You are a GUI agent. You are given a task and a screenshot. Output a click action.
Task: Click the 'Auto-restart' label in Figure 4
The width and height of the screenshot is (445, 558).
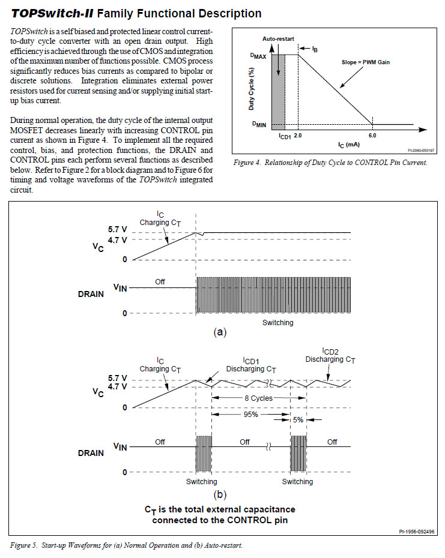(278, 39)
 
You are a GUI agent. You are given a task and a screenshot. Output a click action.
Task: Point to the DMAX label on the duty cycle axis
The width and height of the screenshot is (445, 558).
(258, 56)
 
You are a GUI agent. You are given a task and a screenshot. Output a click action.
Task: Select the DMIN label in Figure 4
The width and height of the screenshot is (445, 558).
(259, 124)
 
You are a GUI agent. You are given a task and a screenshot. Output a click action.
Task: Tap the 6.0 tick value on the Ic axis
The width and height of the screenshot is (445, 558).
(372, 136)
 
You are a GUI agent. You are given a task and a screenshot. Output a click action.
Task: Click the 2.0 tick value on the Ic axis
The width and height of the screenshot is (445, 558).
(298, 136)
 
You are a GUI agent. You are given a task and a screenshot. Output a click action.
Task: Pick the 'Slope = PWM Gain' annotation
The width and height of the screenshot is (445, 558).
(366, 62)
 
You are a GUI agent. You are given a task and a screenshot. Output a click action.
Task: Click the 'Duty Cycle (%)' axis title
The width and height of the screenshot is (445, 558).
(251, 89)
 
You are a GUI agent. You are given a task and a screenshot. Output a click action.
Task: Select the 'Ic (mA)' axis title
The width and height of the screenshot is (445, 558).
(349, 145)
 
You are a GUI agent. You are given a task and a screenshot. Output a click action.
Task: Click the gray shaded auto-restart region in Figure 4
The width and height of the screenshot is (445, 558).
(278, 92)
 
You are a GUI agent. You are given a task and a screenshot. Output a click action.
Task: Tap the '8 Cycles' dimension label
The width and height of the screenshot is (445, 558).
(259, 398)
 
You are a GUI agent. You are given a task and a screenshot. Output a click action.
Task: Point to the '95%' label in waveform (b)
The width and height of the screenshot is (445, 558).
(251, 414)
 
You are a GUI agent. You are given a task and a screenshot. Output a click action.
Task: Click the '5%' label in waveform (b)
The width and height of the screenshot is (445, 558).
(298, 420)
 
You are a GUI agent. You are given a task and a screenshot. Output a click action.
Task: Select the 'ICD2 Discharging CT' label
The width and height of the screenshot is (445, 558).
(330, 356)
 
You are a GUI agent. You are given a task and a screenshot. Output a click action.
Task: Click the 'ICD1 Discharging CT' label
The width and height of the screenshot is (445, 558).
(251, 365)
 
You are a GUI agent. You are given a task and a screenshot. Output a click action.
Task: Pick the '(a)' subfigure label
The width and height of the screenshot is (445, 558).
(220, 332)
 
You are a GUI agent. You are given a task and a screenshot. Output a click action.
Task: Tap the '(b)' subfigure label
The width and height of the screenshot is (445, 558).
(220, 494)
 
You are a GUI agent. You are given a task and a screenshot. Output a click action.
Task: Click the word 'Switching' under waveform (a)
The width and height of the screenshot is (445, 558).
(278, 323)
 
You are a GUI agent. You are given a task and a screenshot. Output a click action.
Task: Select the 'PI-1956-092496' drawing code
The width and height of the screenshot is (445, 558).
(417, 532)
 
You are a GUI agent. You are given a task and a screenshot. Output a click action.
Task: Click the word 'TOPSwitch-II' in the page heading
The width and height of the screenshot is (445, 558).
(52, 14)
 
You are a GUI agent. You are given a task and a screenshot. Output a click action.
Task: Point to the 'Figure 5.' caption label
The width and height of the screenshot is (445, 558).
(23, 545)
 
